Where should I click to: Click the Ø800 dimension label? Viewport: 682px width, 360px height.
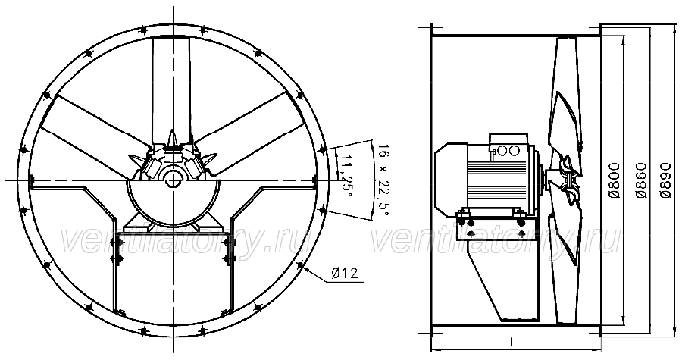(x=614, y=180)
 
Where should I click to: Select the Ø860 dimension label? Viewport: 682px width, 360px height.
(x=640, y=180)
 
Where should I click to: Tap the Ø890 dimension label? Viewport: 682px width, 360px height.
(x=665, y=180)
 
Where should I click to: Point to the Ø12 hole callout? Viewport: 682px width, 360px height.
(x=345, y=273)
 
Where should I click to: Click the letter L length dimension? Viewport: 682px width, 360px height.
(x=513, y=342)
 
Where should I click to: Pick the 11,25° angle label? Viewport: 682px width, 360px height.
(x=346, y=176)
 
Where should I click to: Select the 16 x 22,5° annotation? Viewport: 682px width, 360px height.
(x=383, y=181)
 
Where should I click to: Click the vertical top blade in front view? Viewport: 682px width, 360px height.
(x=171, y=87)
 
